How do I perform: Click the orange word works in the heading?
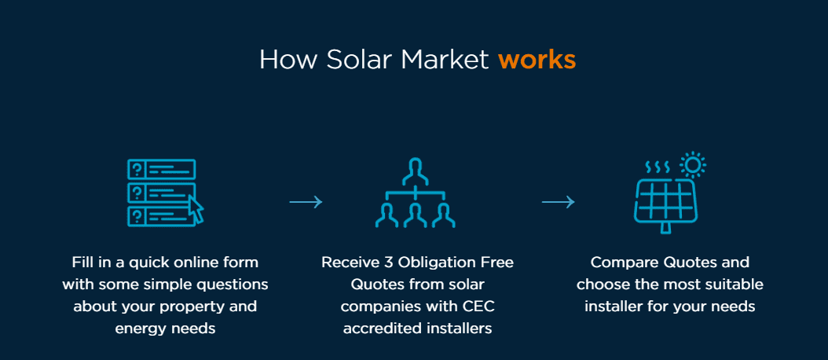537,60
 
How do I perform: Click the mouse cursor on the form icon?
195,209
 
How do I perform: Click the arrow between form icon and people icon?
306,203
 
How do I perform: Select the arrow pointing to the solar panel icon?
558,203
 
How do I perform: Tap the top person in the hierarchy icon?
415,169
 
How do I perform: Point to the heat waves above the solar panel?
656,167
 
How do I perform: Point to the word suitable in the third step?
731,284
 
